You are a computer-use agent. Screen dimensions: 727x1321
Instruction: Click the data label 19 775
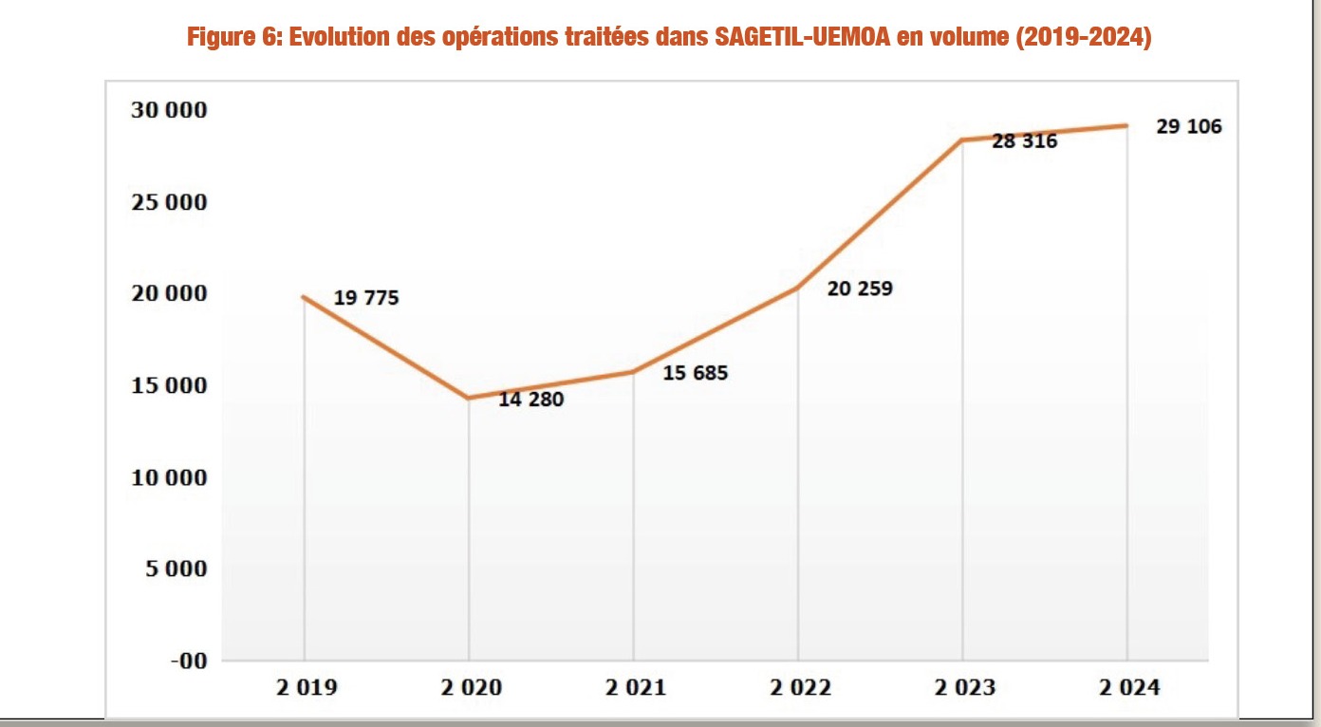pos(366,298)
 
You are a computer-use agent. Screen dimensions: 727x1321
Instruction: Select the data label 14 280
pos(530,400)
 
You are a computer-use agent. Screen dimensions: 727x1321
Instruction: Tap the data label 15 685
pos(695,373)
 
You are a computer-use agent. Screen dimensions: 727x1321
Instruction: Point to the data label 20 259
pos(859,288)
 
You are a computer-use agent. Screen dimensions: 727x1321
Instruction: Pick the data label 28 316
pos(1024,141)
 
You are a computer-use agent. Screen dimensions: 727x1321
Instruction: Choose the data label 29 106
pos(1188,126)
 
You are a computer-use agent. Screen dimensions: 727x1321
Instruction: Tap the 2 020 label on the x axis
pos(469,687)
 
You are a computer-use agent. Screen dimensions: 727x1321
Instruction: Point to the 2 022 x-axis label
pos(798,687)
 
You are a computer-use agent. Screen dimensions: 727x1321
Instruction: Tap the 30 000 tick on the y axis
pos(169,110)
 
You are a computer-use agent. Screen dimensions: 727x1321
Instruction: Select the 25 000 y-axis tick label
pos(169,202)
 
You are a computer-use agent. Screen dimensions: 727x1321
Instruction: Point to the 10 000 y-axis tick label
pos(169,477)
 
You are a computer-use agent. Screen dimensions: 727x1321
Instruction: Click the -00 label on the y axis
pos(187,661)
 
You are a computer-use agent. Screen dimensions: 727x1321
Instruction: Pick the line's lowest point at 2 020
pos(469,398)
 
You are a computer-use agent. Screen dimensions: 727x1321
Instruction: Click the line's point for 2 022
pos(798,288)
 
